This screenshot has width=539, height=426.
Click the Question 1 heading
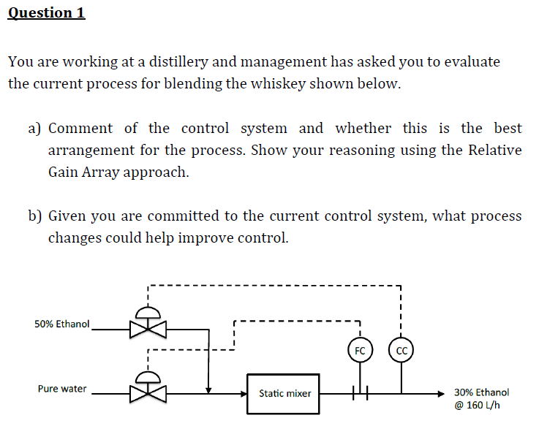[x=46, y=12]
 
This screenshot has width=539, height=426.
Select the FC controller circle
[x=359, y=350]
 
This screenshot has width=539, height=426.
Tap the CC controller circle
[x=401, y=350]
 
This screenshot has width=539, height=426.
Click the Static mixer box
[x=284, y=393]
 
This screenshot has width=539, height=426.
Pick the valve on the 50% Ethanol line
[x=148, y=328]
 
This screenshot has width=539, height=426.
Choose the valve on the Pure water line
[x=148, y=392]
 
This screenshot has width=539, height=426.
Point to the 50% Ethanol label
[x=62, y=324]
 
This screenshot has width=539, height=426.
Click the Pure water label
[x=62, y=389]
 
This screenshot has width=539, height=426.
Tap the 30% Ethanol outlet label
[x=481, y=392]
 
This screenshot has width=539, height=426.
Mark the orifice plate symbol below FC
[x=360, y=392]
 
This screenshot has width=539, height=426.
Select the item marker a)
[x=34, y=129]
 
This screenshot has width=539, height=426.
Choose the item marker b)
[x=34, y=216]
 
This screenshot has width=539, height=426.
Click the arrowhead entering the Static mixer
[x=245, y=392]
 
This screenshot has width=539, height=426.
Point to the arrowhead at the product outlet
[x=441, y=392]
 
